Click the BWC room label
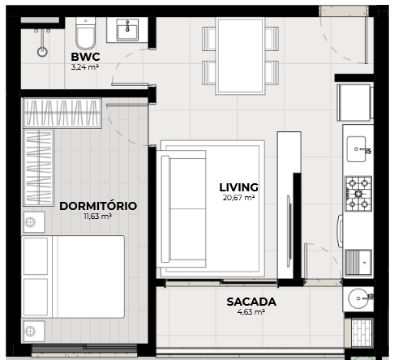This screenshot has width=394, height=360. (85, 57)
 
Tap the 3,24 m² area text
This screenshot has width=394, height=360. (85, 67)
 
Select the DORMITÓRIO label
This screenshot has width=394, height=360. (98, 206)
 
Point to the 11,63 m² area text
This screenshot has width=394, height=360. (98, 216)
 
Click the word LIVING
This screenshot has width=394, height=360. (238, 187)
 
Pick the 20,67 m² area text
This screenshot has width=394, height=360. (238, 198)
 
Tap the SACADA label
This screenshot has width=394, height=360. (251, 302)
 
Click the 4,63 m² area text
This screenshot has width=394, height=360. (251, 312)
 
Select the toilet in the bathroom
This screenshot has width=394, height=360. (86, 33)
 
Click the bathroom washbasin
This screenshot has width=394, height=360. (127, 29)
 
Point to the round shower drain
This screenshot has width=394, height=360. (42, 52)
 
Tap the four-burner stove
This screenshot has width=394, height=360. (358, 194)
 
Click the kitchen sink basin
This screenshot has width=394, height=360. (357, 149)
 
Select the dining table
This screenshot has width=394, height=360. (240, 56)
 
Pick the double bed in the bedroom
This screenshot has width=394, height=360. (73, 276)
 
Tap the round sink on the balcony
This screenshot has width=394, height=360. (358, 298)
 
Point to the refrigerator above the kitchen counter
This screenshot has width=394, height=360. (354, 103)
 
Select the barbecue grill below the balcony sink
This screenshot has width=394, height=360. (362, 333)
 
